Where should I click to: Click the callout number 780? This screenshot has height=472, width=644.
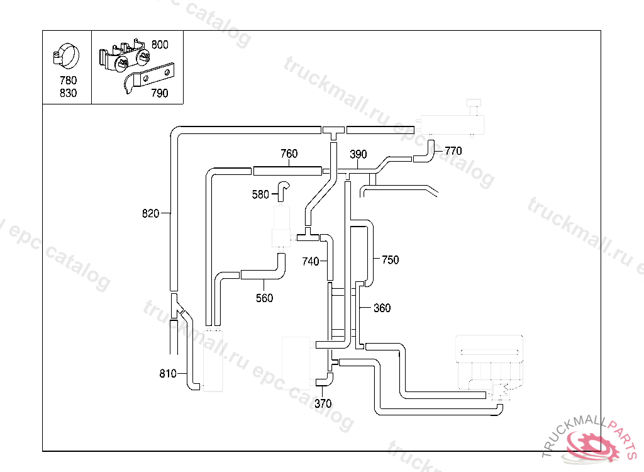point(68,81)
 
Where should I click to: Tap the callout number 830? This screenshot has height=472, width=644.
point(68,93)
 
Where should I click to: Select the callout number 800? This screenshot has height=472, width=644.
point(160,45)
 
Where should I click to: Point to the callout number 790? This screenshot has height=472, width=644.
point(160,93)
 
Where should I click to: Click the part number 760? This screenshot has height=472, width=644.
point(289,154)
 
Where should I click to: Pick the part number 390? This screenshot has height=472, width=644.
point(358,155)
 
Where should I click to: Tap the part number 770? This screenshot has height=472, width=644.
point(453,151)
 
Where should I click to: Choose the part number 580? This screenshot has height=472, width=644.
point(260,194)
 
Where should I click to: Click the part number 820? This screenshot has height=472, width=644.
point(150,213)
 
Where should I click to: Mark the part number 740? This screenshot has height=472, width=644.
point(311,261)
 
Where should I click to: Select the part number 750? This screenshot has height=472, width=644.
point(390,260)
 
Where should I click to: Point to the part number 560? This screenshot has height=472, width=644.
point(264,298)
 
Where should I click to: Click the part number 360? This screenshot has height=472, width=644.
point(382,308)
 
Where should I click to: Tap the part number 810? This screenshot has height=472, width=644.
point(167,374)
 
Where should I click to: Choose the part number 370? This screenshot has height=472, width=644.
point(323,403)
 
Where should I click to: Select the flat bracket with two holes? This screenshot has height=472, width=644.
point(151,79)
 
